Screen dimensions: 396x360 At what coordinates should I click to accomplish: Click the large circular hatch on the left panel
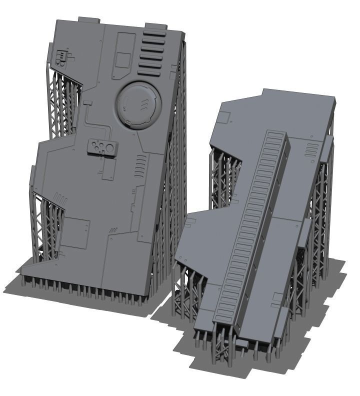(138, 104)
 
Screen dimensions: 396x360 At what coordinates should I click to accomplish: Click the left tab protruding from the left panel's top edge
(89, 19)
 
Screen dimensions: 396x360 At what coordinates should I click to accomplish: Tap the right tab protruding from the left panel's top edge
(155, 25)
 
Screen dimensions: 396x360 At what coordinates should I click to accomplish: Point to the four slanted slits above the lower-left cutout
(60, 197)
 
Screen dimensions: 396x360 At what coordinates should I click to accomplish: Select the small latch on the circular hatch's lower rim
(128, 121)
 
